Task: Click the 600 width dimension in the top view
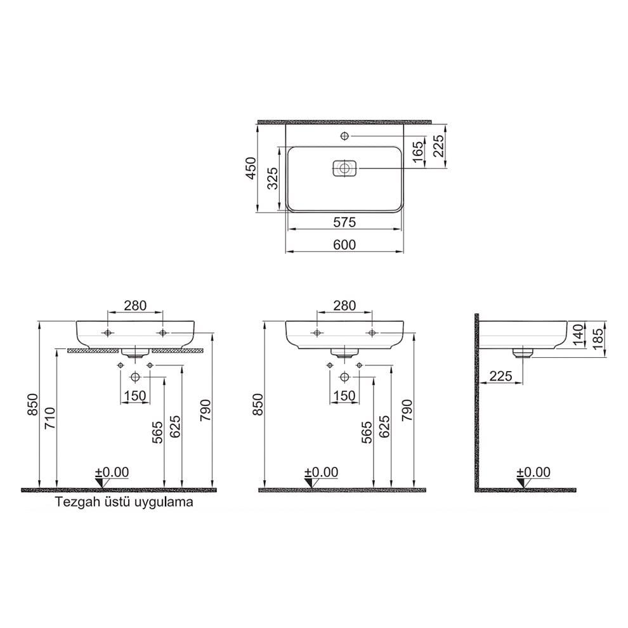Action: (x=344, y=244)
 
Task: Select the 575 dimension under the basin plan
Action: (x=344, y=221)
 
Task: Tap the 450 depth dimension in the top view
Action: (x=251, y=168)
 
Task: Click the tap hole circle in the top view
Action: (x=344, y=136)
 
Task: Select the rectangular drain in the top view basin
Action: (x=344, y=169)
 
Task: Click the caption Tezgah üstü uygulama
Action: (x=124, y=502)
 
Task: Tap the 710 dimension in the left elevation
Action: (x=50, y=419)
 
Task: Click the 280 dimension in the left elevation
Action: (x=135, y=305)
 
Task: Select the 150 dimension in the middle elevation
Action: (x=344, y=395)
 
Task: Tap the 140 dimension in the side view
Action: (x=577, y=334)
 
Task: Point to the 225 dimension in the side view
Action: (x=501, y=376)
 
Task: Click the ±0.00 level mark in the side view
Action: (x=533, y=473)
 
